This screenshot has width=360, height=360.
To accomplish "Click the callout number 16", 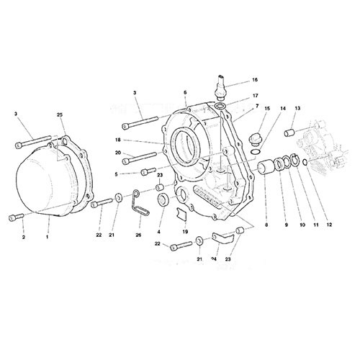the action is pos(255,80).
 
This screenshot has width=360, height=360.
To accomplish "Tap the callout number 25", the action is pos(60,114).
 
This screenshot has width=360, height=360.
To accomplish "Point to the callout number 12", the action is pos(329,225).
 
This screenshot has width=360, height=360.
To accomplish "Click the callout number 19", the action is pos(185,232).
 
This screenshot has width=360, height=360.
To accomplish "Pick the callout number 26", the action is pos(138,235).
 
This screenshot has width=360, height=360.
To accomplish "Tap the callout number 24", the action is pos(214,259).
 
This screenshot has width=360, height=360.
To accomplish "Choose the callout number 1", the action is pos(48,237).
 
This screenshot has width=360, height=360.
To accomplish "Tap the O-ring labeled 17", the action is pos(220,106).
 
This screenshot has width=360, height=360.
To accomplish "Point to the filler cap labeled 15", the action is pos(254,140).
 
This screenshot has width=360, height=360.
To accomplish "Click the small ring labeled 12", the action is pos(305,163).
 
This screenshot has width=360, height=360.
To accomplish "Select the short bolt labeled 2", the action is pos(16,217).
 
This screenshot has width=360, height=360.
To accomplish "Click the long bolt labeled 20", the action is pos(139,158).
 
